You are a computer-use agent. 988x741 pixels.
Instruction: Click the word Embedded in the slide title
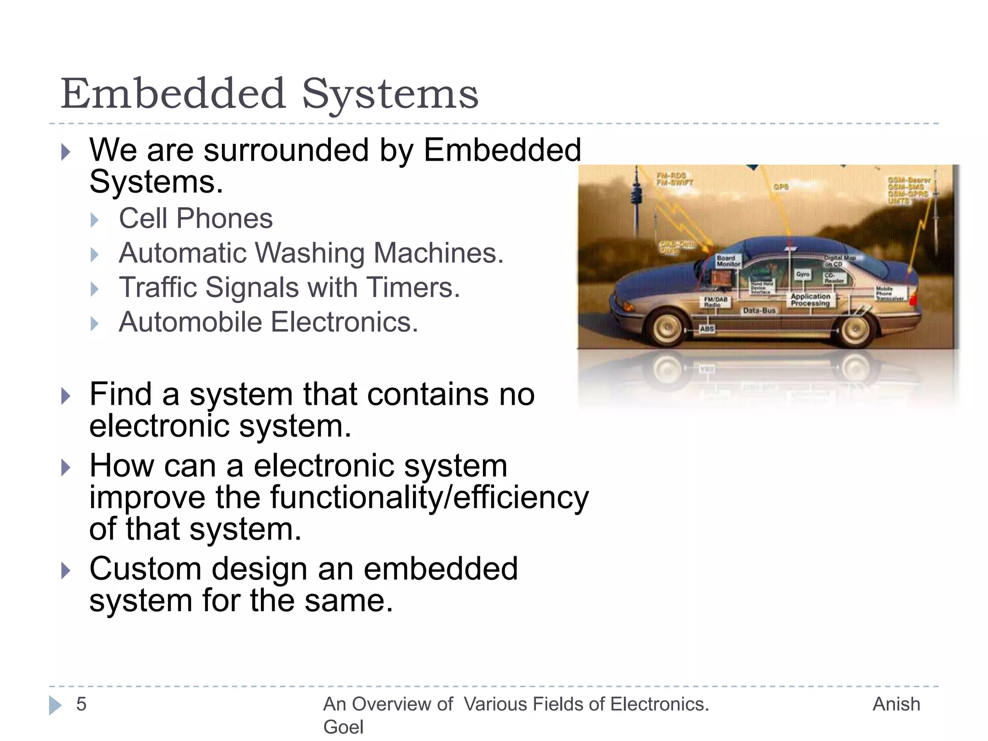click(x=173, y=94)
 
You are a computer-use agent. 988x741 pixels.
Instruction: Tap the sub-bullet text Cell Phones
click(x=195, y=219)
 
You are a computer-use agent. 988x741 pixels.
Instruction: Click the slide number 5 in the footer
click(x=81, y=704)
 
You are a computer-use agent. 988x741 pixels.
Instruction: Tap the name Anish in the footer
click(x=896, y=704)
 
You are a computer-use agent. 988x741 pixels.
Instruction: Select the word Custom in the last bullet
click(x=145, y=569)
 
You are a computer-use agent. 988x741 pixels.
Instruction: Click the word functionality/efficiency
click(x=429, y=497)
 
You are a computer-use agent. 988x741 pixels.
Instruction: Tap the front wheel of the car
click(x=667, y=328)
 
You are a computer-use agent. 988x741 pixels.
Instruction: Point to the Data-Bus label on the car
click(x=759, y=311)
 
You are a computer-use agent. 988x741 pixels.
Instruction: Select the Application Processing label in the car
click(x=810, y=300)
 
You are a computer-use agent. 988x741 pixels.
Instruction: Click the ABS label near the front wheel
click(x=707, y=329)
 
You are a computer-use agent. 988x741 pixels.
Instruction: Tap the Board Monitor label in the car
click(x=728, y=261)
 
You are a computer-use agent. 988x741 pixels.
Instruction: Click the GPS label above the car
click(x=781, y=187)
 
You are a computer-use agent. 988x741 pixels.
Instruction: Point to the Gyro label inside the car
click(x=803, y=274)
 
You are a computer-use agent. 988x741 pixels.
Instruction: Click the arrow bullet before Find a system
click(x=66, y=396)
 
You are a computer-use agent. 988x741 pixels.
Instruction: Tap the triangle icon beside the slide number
click(x=55, y=705)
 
